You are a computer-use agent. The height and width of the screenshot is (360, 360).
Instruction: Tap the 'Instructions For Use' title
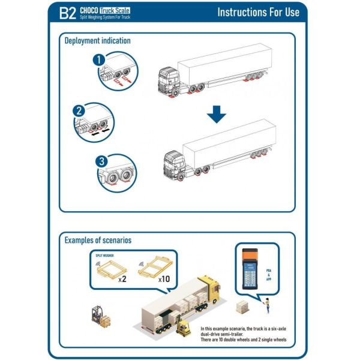coord(258,13)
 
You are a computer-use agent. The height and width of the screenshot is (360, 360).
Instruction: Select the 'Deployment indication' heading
coord(97,41)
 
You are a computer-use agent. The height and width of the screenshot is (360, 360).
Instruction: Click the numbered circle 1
coord(100,60)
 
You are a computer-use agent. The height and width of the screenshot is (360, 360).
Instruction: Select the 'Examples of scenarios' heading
coord(98,240)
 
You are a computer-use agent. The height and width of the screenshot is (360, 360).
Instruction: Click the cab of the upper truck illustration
coord(169,80)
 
